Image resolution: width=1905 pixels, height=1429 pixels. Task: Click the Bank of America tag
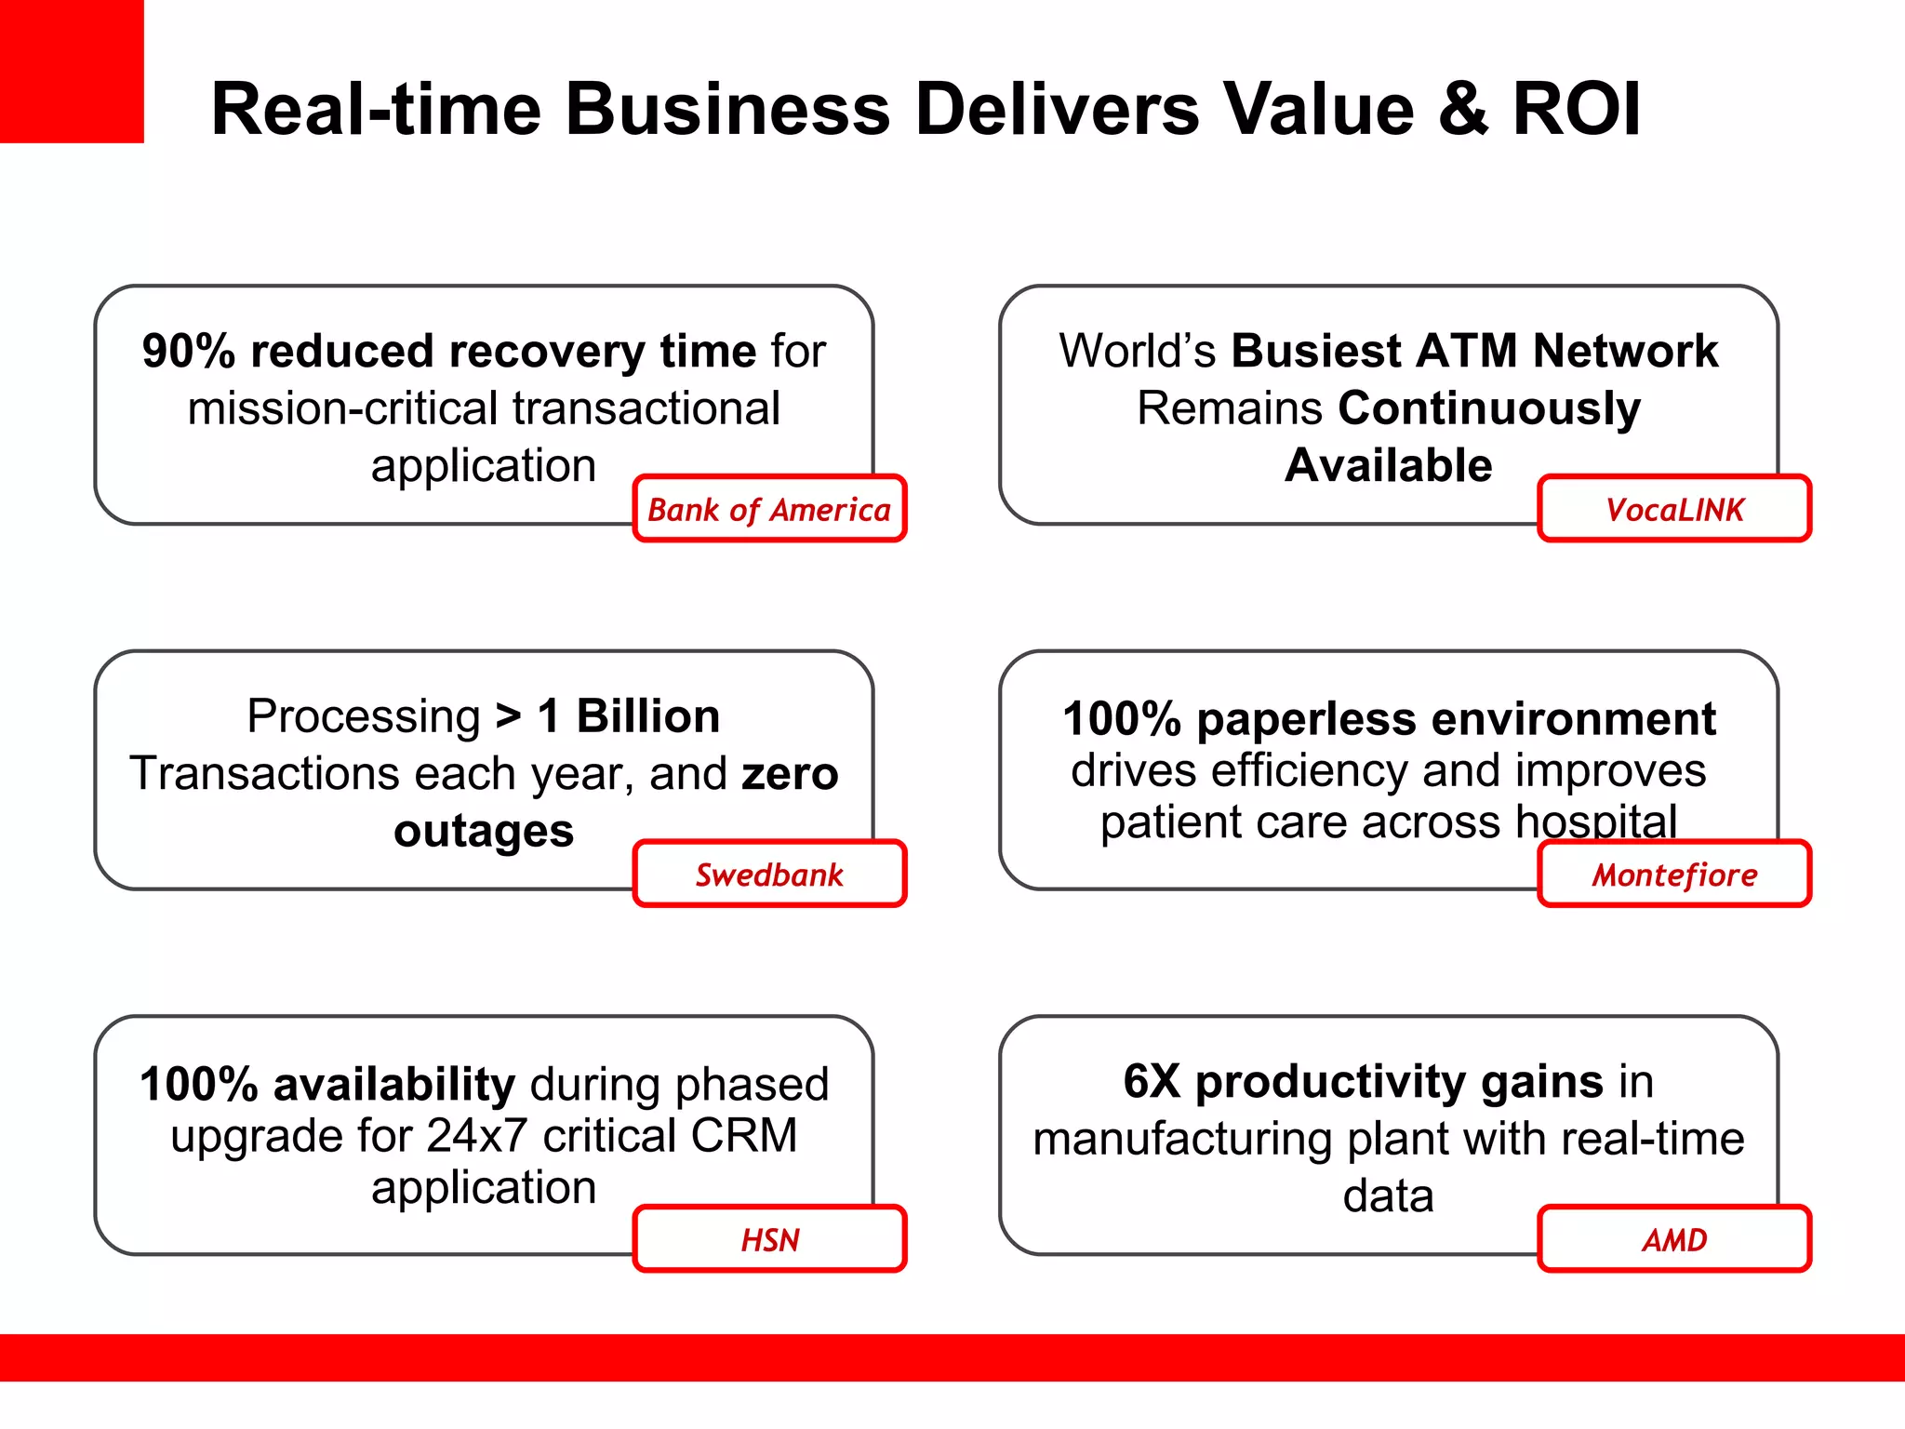769,509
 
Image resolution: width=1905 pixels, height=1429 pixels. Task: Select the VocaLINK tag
1674,509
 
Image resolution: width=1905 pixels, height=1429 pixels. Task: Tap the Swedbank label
769,875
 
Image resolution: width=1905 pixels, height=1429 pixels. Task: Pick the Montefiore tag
1674,875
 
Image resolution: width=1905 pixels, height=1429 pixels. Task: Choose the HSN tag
769,1239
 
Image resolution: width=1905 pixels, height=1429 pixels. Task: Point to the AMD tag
1674,1239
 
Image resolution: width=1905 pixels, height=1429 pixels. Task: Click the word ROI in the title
1577,109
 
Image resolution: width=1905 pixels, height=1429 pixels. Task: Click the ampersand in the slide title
1463,109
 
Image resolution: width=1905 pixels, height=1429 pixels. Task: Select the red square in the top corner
72,71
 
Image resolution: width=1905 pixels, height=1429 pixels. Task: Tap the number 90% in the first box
189,352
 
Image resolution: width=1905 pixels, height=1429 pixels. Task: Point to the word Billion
647,716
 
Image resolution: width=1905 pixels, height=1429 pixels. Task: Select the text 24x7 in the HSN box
476,1136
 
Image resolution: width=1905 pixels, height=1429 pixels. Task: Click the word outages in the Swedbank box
484,831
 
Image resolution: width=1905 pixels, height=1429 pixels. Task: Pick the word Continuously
1489,408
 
